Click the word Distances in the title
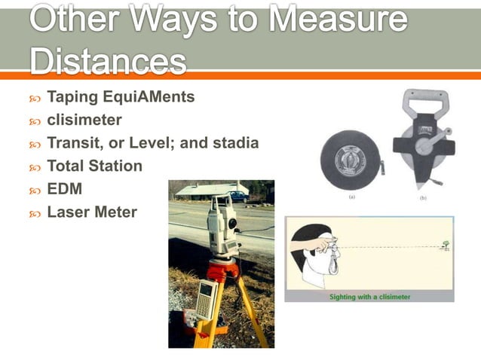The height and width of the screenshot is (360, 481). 109,60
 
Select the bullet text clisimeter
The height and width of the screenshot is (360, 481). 84,120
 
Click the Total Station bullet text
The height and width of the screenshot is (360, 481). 94,166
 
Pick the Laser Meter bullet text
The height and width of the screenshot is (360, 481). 92,212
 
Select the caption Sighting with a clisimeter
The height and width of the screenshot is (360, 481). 369,297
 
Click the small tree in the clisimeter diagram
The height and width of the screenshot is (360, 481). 446,245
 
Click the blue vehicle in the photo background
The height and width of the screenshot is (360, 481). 240,197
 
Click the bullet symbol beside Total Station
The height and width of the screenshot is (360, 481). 35,167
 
